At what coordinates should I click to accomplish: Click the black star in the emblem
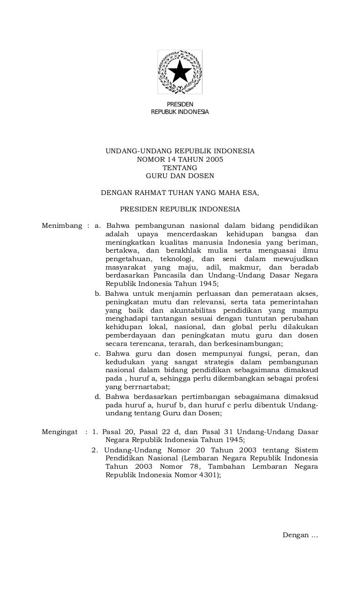pos(180,72)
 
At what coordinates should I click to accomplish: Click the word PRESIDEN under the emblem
pos(180,104)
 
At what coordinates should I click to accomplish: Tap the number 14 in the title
pos(166,159)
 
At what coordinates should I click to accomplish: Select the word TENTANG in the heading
pos(180,168)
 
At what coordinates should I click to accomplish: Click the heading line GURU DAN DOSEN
pos(180,176)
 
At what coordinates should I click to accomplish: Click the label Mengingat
pos(60,431)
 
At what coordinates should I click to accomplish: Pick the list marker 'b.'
pos(97,294)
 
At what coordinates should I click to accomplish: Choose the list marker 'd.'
pos(97,397)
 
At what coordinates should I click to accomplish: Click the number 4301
pos(206,474)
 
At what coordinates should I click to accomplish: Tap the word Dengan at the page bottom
pos(296,535)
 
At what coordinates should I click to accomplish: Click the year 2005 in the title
pos(214,159)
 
